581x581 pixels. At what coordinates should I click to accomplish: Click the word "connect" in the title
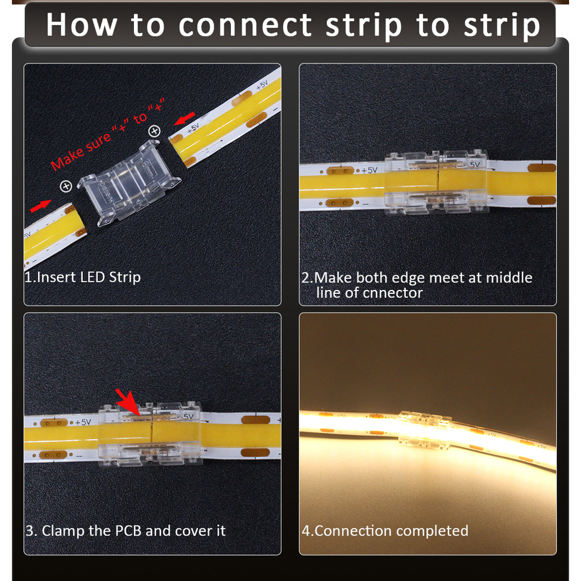click(x=245, y=25)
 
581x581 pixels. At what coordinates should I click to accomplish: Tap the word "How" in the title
click(x=82, y=24)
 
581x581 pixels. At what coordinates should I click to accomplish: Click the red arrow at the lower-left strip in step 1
click(x=41, y=205)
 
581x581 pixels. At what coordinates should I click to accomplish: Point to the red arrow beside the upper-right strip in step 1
click(x=184, y=119)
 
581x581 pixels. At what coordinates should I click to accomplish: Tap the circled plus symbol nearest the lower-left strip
click(x=66, y=186)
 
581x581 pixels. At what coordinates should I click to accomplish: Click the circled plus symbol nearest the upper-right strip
click(x=154, y=131)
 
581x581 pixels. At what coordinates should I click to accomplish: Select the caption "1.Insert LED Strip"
click(x=83, y=277)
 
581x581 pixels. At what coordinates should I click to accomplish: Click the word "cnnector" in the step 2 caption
click(x=393, y=293)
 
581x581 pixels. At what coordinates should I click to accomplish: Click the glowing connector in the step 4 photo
click(x=424, y=428)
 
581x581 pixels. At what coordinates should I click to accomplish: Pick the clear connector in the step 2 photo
click(x=436, y=182)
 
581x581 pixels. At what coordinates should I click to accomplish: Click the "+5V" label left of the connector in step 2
click(x=369, y=170)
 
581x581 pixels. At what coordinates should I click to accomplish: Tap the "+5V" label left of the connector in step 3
click(x=83, y=422)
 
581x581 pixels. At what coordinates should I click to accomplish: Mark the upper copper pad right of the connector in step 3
click(x=256, y=420)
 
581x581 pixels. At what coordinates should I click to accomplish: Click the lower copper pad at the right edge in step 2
click(x=542, y=201)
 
